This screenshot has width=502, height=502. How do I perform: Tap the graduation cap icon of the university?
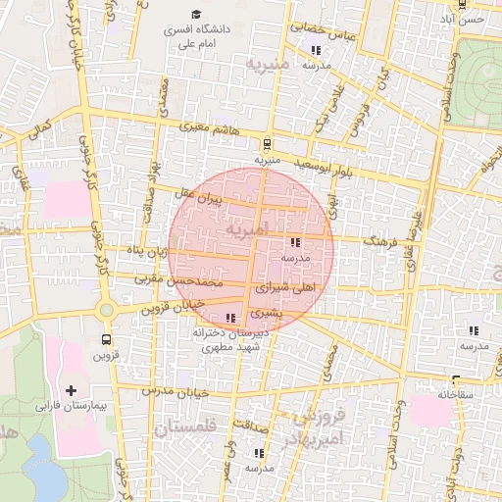click(196, 15)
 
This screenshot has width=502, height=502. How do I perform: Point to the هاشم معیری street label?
click(205, 127)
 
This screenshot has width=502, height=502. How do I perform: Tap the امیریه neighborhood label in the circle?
click(244, 229)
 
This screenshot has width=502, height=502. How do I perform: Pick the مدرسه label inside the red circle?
click(295, 258)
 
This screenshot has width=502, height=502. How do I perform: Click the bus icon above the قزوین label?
click(106, 339)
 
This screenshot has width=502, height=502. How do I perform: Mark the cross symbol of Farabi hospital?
click(70, 390)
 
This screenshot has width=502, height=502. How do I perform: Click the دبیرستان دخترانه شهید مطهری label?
click(230, 339)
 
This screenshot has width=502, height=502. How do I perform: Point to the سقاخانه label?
click(456, 393)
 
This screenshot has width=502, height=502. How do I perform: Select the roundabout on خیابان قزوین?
click(106, 310)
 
